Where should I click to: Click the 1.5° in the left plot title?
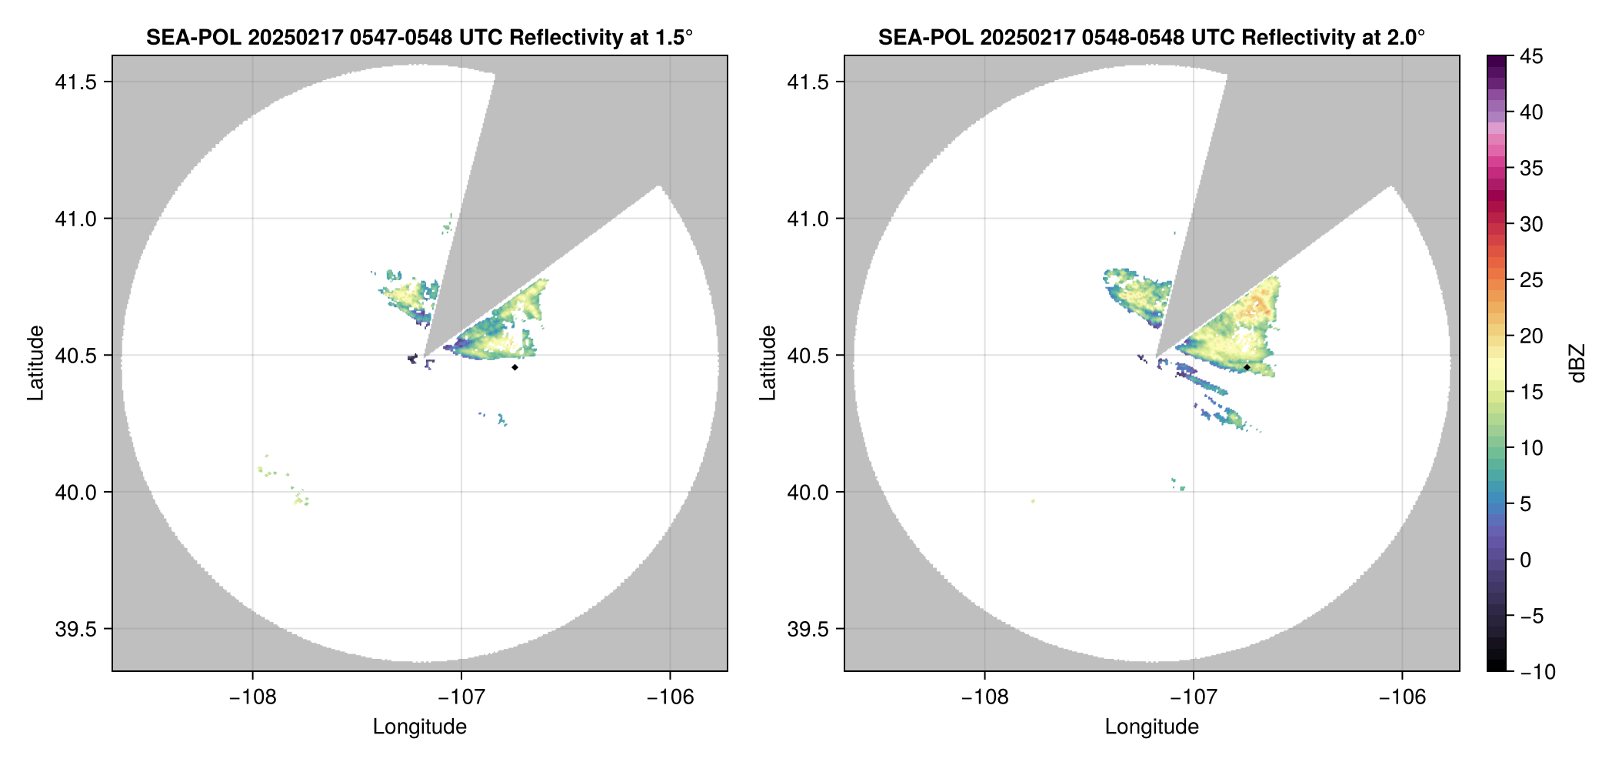[673, 38]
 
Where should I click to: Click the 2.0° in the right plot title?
[1405, 38]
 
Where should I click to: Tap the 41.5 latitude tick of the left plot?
[75, 82]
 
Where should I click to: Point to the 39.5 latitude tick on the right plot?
[808, 629]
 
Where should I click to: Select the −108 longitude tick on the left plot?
[252, 697]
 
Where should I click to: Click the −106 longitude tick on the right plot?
[1402, 697]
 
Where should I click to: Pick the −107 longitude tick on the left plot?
[461, 697]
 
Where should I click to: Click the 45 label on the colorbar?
[1531, 56]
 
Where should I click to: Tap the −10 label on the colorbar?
[1537, 672]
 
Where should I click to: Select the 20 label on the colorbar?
[1531, 336]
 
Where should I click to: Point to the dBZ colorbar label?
[1577, 363]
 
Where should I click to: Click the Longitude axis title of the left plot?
[420, 727]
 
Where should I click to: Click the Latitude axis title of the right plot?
[768, 363]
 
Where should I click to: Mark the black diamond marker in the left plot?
[515, 367]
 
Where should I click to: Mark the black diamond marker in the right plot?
[1247, 367]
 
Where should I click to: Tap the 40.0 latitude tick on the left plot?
[75, 492]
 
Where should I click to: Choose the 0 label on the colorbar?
[1526, 560]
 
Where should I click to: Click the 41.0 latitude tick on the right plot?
[808, 219]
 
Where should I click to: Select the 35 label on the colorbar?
[1531, 168]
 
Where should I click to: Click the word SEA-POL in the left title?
[193, 38]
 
